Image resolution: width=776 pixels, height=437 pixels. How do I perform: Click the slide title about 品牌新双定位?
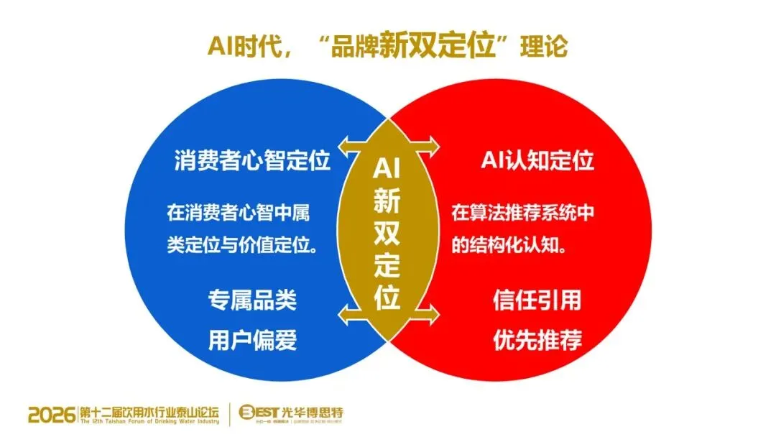[x=387, y=45]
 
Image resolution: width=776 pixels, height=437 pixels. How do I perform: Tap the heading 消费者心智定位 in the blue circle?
[x=252, y=160]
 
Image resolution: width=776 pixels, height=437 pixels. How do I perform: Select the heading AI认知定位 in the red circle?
[x=537, y=160]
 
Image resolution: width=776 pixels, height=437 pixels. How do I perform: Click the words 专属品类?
[x=252, y=300]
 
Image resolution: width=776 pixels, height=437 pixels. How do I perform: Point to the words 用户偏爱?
[x=252, y=339]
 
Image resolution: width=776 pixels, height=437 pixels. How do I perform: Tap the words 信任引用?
[x=537, y=300]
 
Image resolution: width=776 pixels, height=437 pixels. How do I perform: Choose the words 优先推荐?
[x=537, y=339]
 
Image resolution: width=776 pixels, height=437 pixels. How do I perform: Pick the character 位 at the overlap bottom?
[x=387, y=296]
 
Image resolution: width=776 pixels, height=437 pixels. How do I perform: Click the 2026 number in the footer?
[x=52, y=414]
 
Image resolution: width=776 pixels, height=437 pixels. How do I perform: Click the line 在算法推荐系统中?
[x=523, y=213]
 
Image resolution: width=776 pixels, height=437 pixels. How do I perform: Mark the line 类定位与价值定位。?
[x=244, y=244]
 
